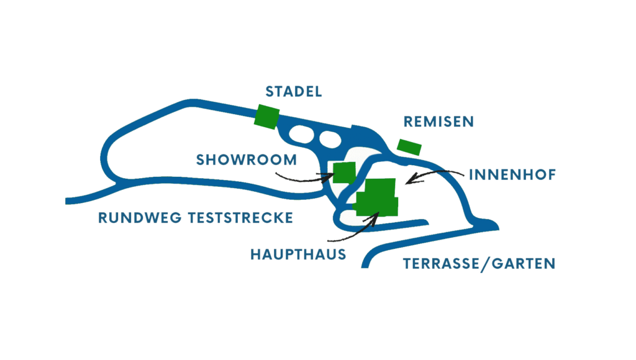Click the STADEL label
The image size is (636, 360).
[294, 92]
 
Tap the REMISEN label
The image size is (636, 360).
[438, 122]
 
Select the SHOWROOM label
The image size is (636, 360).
[247, 160]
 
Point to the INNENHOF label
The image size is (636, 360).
[512, 174]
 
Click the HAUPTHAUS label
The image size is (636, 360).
[298, 254]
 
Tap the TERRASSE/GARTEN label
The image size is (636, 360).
[479, 264]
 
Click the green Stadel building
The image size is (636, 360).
[267, 116]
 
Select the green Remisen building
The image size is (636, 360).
[409, 146]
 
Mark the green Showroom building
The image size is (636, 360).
[344, 172]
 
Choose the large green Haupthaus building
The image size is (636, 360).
[378, 197]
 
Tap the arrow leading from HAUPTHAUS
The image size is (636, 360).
[354, 230]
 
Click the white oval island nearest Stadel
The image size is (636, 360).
[302, 133]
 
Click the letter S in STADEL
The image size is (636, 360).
[270, 92]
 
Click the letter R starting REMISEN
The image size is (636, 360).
[408, 122]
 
